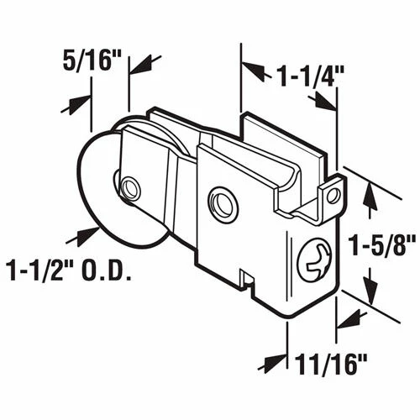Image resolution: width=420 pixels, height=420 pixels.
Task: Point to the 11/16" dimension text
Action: coord(333,366)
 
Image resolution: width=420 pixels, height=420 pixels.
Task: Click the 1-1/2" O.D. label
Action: coord(71,271)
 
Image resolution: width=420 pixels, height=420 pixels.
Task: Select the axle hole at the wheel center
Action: coord(129,187)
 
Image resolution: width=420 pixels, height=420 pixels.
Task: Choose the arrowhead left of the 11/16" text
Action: coord(271,364)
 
